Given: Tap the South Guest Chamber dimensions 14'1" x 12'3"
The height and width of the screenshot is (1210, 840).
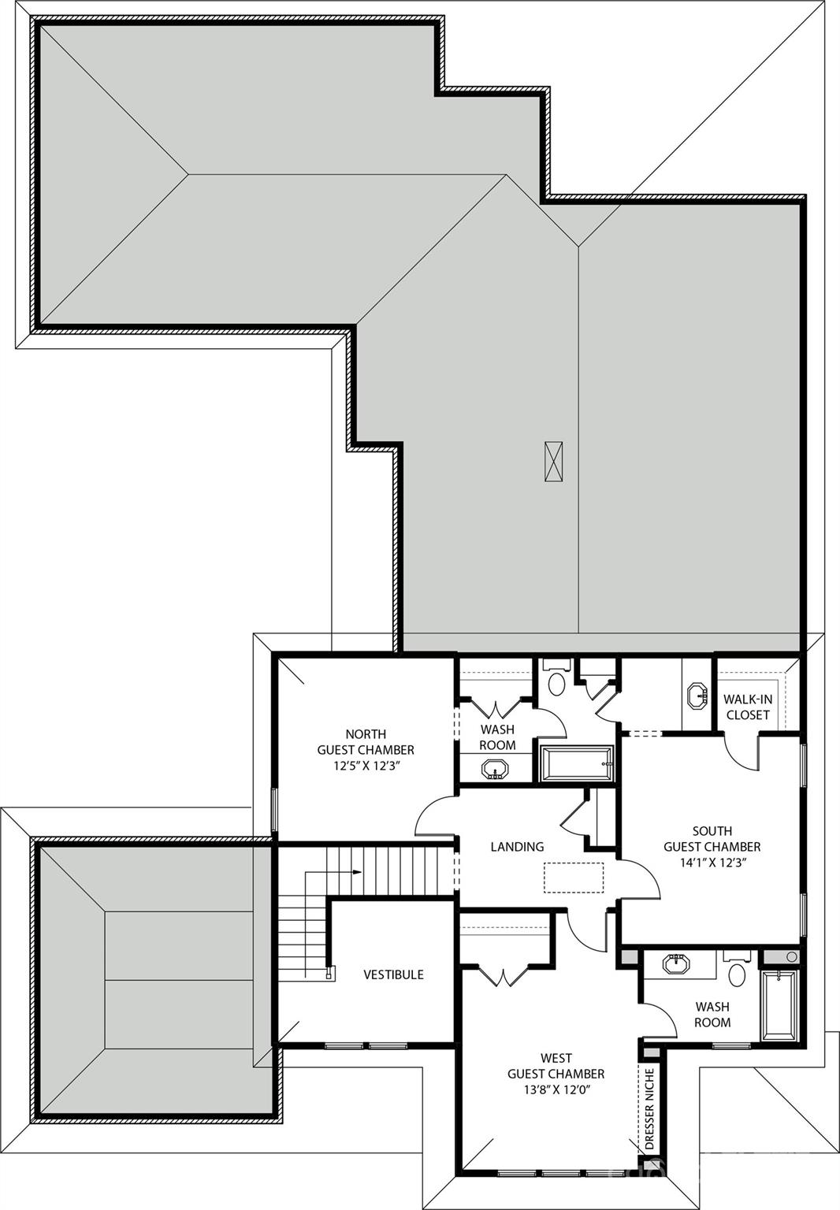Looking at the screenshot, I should (712, 862).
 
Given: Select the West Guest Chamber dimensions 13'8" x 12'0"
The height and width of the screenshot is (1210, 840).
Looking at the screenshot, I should (556, 1089).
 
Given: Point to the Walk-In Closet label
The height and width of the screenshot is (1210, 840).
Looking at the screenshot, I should (748, 707).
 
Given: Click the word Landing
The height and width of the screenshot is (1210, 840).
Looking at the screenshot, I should (517, 847).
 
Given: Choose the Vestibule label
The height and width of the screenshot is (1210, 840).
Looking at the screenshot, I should (393, 974).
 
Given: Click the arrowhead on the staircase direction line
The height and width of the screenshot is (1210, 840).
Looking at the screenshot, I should (358, 872).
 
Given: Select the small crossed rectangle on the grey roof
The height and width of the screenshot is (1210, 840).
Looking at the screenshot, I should (554, 462).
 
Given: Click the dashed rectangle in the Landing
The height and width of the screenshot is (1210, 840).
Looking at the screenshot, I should (574, 878).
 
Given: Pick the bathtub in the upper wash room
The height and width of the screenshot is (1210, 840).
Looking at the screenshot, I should (576, 763).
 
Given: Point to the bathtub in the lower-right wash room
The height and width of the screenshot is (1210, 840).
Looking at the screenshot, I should (779, 1004).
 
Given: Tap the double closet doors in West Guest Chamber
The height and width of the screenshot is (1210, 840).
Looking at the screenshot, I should (502, 975).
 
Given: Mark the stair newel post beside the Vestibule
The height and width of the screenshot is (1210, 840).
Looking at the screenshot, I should (330, 973).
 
